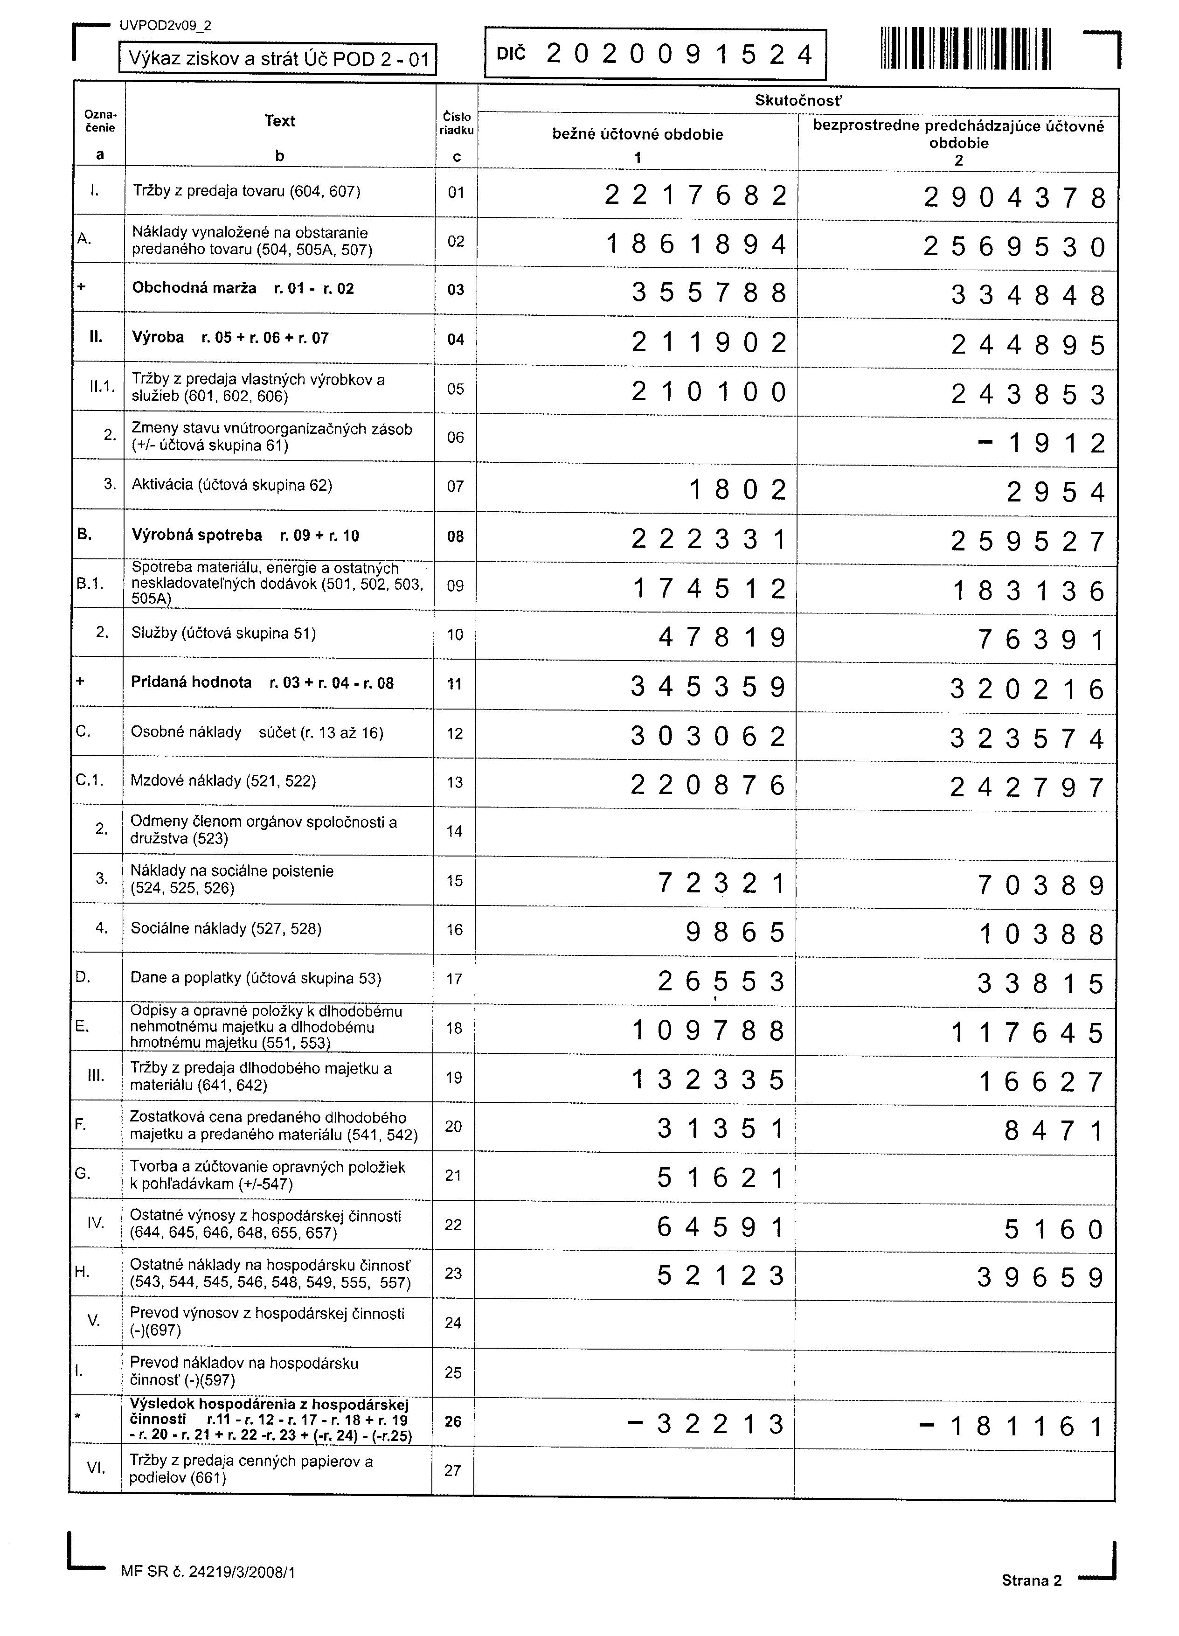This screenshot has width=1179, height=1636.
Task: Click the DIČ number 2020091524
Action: click(x=679, y=54)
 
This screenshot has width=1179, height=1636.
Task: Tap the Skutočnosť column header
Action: click(x=798, y=100)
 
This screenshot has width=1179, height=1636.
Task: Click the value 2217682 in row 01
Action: click(x=695, y=195)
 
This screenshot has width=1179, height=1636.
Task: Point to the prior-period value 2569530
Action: click(x=1014, y=247)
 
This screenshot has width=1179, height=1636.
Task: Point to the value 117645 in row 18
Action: click(x=1027, y=1033)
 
